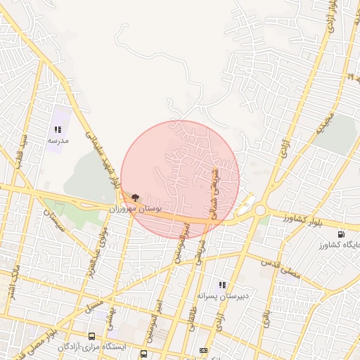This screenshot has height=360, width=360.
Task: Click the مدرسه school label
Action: (58, 141)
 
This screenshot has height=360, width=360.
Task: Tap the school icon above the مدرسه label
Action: (58, 129)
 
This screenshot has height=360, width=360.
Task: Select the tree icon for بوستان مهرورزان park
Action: (135, 198)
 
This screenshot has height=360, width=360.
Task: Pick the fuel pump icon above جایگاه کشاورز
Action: (341, 233)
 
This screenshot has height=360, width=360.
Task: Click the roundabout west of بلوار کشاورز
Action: (259, 210)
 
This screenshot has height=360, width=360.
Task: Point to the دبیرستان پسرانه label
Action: (223, 296)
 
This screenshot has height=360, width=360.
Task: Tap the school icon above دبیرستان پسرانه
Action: (223, 285)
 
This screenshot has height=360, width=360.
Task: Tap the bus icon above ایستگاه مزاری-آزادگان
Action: (92, 337)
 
